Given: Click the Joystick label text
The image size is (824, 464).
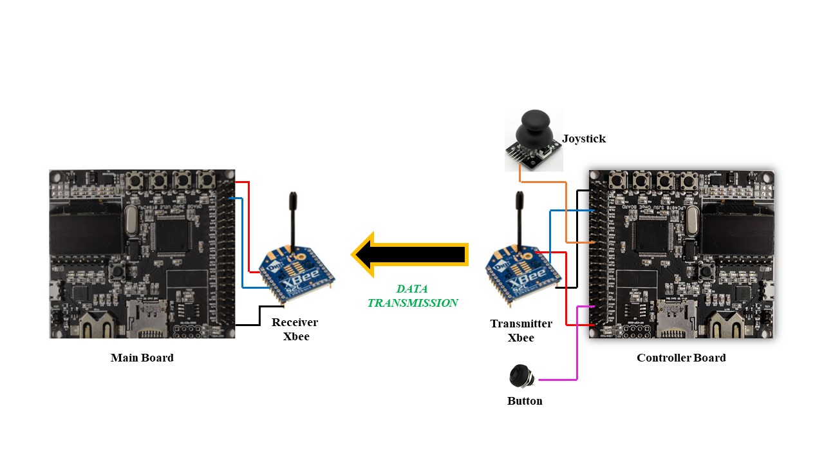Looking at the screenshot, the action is [x=584, y=139].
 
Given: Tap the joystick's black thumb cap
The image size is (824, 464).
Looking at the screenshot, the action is [x=534, y=127].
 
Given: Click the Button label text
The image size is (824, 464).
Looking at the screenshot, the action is [x=525, y=401].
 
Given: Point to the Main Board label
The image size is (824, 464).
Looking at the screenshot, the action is [x=142, y=358].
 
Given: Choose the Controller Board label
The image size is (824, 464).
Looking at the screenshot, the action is [x=681, y=358].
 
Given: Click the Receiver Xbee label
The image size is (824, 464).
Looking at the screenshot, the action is [x=295, y=329].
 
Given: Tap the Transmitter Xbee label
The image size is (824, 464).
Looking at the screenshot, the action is [x=521, y=331].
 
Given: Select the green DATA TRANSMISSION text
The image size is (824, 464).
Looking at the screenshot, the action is [x=413, y=296].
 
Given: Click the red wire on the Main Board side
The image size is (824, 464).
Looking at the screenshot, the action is [x=249, y=226].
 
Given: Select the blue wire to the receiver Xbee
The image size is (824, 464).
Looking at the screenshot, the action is [x=243, y=243].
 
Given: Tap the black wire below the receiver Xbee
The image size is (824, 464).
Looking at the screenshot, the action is [x=259, y=316].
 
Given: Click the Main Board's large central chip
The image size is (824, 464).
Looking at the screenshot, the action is [x=172, y=233].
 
